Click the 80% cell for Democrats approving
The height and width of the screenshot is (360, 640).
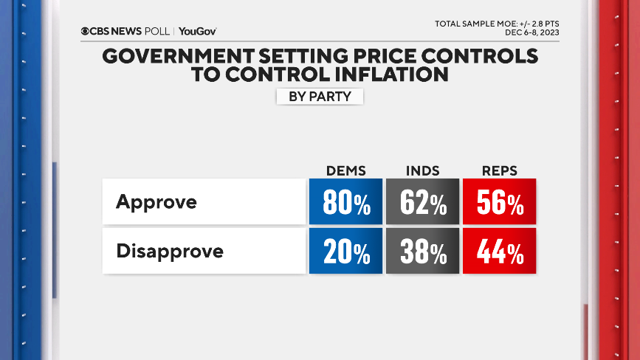[x=345, y=201]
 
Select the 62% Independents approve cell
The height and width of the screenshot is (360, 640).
[x=422, y=201]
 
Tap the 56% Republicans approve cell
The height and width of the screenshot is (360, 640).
[x=499, y=201]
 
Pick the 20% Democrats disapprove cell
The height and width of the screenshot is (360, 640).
[x=345, y=252]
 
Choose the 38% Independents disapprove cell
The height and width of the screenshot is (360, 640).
[x=422, y=252]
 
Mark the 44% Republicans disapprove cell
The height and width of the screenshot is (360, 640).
[x=499, y=252]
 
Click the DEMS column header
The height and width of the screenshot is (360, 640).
[x=345, y=170]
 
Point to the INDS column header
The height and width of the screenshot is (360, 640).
[x=422, y=170]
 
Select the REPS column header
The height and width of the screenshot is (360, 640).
[x=498, y=170]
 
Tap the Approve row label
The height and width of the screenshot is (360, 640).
[x=156, y=201]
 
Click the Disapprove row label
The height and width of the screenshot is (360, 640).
[x=170, y=252]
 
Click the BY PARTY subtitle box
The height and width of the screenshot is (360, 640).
[x=320, y=97]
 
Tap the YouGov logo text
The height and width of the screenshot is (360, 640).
[x=197, y=32]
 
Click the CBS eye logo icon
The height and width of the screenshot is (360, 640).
[x=85, y=32]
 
